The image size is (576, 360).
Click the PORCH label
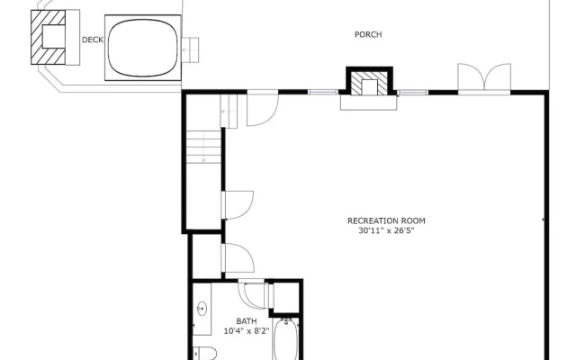pyautogui.click(x=368, y=34)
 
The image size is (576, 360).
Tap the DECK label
pyautogui.click(x=92, y=40)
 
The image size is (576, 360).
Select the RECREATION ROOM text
pyautogui.click(x=386, y=220)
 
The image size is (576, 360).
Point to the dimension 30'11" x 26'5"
pyautogui.click(x=386, y=230)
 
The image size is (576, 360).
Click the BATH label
pyautogui.click(x=247, y=321)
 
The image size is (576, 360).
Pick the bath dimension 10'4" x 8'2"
pyautogui.click(x=247, y=331)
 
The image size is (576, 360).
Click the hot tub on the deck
pyautogui.click(x=143, y=48)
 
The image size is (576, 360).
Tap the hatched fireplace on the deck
pyautogui.click(x=48, y=37)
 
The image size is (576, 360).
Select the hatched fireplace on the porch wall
pyautogui.click(x=370, y=82)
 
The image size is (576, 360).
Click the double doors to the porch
pyautogui.click(x=484, y=78)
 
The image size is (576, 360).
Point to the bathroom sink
pyautogui.click(x=202, y=309)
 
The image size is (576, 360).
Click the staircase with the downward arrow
pyautogui.click(x=203, y=147)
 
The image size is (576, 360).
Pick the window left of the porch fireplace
pyautogui.click(x=323, y=92)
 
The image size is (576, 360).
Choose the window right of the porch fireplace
pyautogui.click(x=413, y=92)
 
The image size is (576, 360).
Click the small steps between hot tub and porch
pyautogui.click(x=190, y=50)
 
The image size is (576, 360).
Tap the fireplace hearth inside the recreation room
pyautogui.click(x=368, y=103)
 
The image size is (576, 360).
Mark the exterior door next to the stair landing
pyautogui.click(x=263, y=108)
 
